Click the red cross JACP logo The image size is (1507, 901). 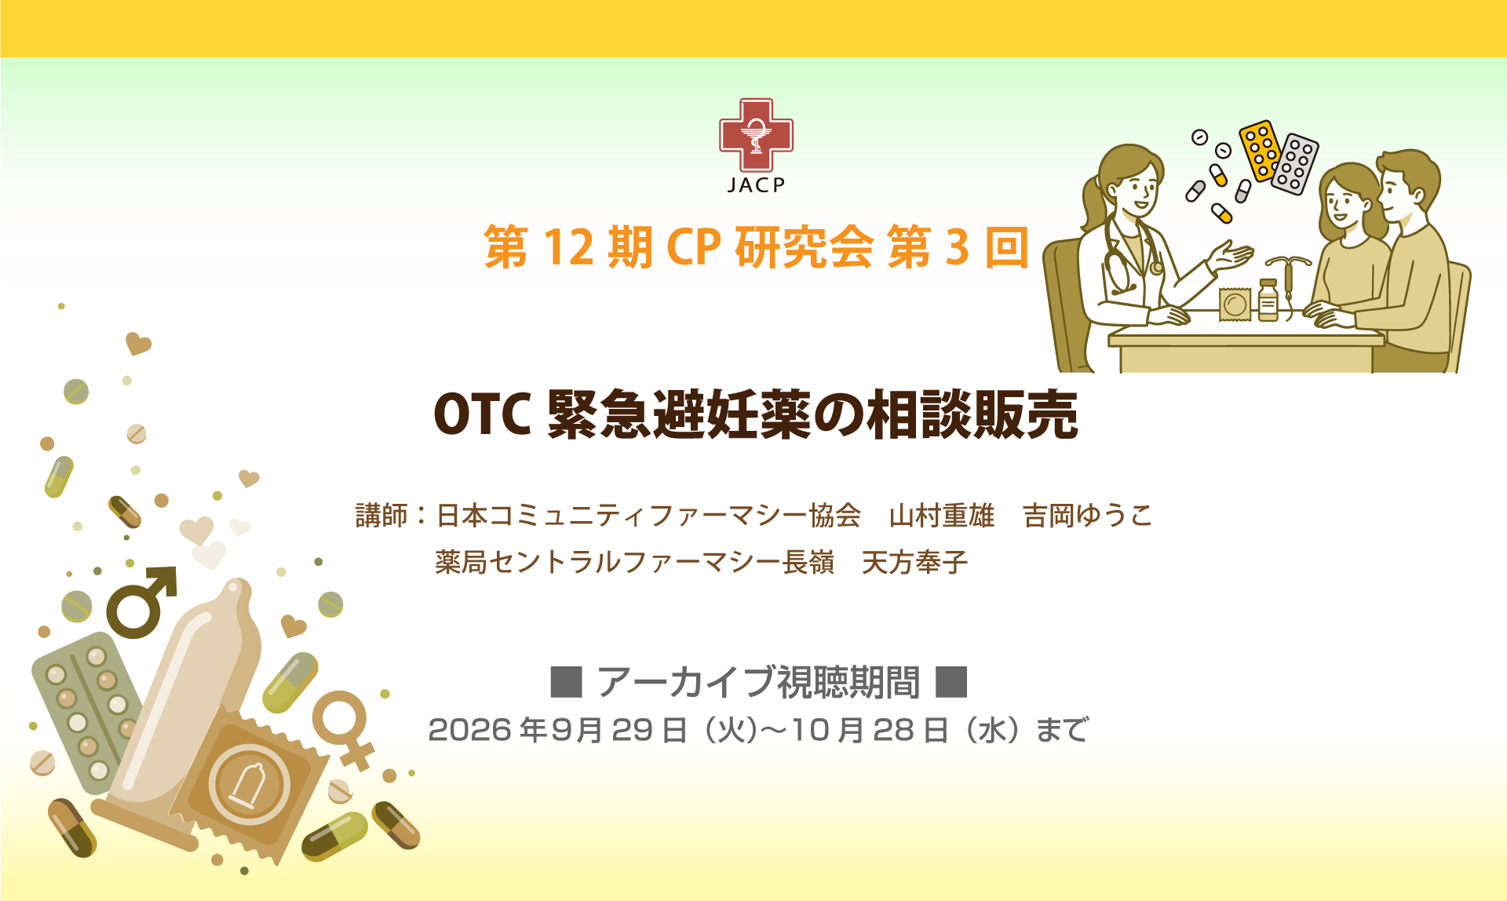[756, 135]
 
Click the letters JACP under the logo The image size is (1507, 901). [756, 185]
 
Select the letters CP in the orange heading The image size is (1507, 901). [693, 247]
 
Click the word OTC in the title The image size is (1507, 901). [483, 414]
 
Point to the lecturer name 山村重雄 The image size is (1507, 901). [942, 516]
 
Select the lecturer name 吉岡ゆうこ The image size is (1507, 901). [1088, 516]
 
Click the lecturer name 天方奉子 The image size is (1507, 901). [914, 562]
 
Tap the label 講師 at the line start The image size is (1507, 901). [381, 516]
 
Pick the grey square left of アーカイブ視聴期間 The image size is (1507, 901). [566, 681]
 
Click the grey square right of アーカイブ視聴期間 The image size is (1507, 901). [951, 681]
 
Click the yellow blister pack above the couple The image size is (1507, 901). [1260, 150]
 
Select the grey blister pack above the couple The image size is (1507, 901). [1295, 162]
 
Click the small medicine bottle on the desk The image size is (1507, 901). [1268, 300]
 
